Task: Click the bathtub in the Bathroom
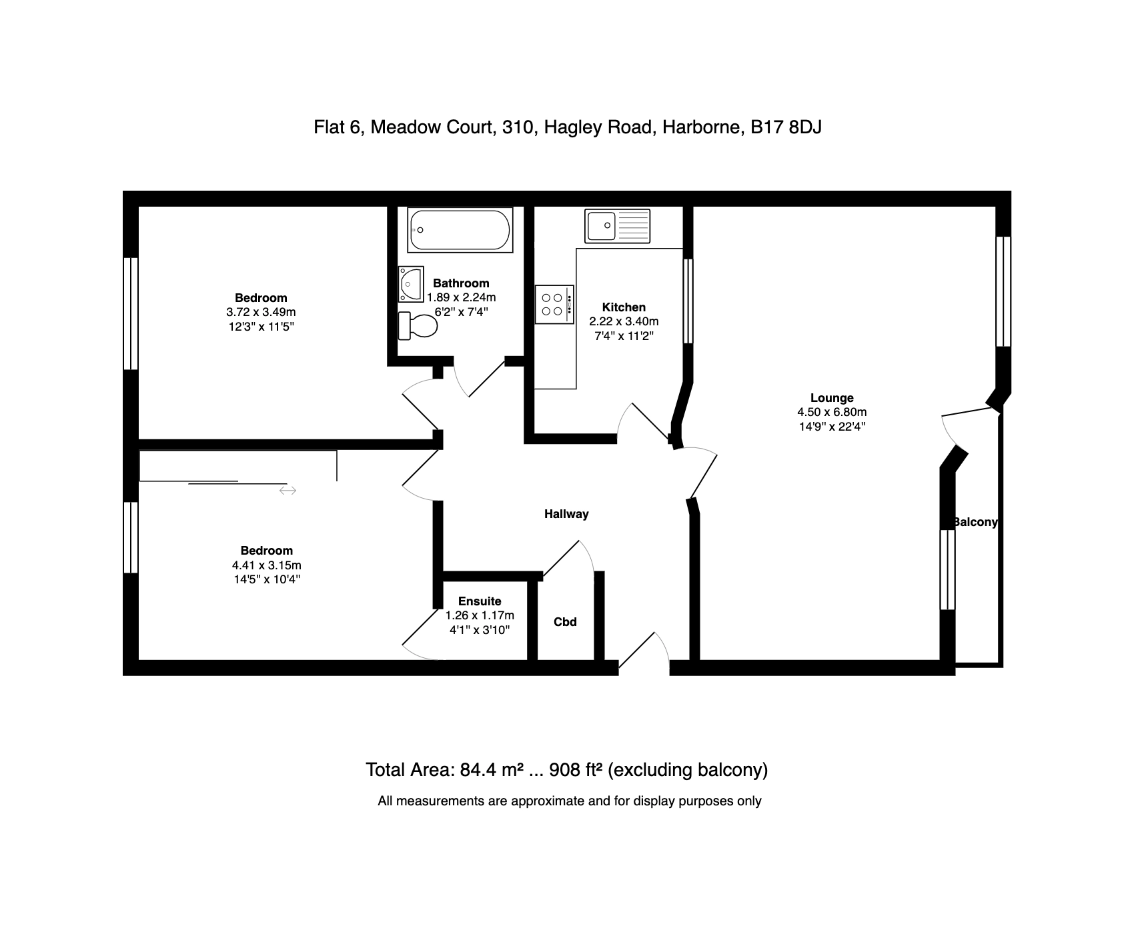point(460,230)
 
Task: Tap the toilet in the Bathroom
point(417,325)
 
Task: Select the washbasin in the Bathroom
point(411,284)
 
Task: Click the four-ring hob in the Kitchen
point(554,305)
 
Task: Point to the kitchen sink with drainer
point(617,225)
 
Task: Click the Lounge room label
point(832,398)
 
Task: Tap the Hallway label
point(566,514)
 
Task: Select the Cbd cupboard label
point(565,622)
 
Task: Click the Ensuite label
point(480,601)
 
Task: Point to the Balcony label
point(975,522)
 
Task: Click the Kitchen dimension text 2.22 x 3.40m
point(624,321)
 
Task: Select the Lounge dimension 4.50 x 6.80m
point(832,412)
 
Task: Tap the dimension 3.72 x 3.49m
point(261,312)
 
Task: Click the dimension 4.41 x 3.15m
point(267,565)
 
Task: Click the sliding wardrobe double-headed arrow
point(288,491)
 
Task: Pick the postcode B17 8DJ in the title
point(786,127)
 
